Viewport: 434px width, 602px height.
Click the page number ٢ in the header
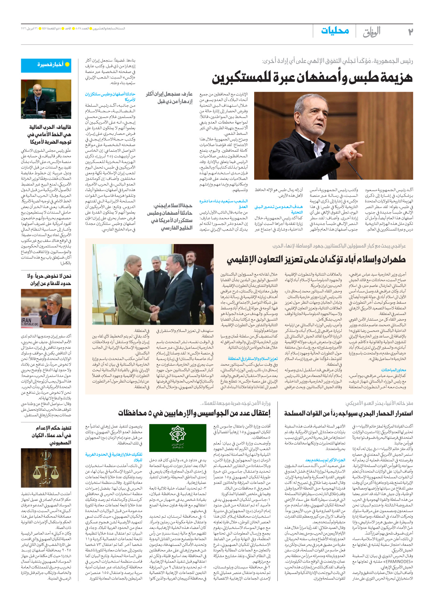[x=410, y=32]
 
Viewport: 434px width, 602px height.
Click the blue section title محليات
[x=335, y=31]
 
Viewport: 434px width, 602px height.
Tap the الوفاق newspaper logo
[x=372, y=32]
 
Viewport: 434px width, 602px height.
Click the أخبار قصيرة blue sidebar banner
[x=46, y=65]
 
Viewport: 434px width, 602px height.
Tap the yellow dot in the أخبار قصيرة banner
[x=67, y=65]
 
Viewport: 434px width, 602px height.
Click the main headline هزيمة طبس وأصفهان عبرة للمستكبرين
[x=312, y=78]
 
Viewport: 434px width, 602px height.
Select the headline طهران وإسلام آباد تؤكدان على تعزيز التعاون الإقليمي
[x=316, y=259]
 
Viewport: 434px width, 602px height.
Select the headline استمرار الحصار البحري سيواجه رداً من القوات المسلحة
[x=349, y=413]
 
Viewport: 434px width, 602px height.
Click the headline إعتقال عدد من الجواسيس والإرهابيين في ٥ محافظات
[x=194, y=413]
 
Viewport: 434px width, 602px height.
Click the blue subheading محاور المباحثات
[x=393, y=370]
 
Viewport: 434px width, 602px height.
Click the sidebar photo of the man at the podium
[x=46, y=99]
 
